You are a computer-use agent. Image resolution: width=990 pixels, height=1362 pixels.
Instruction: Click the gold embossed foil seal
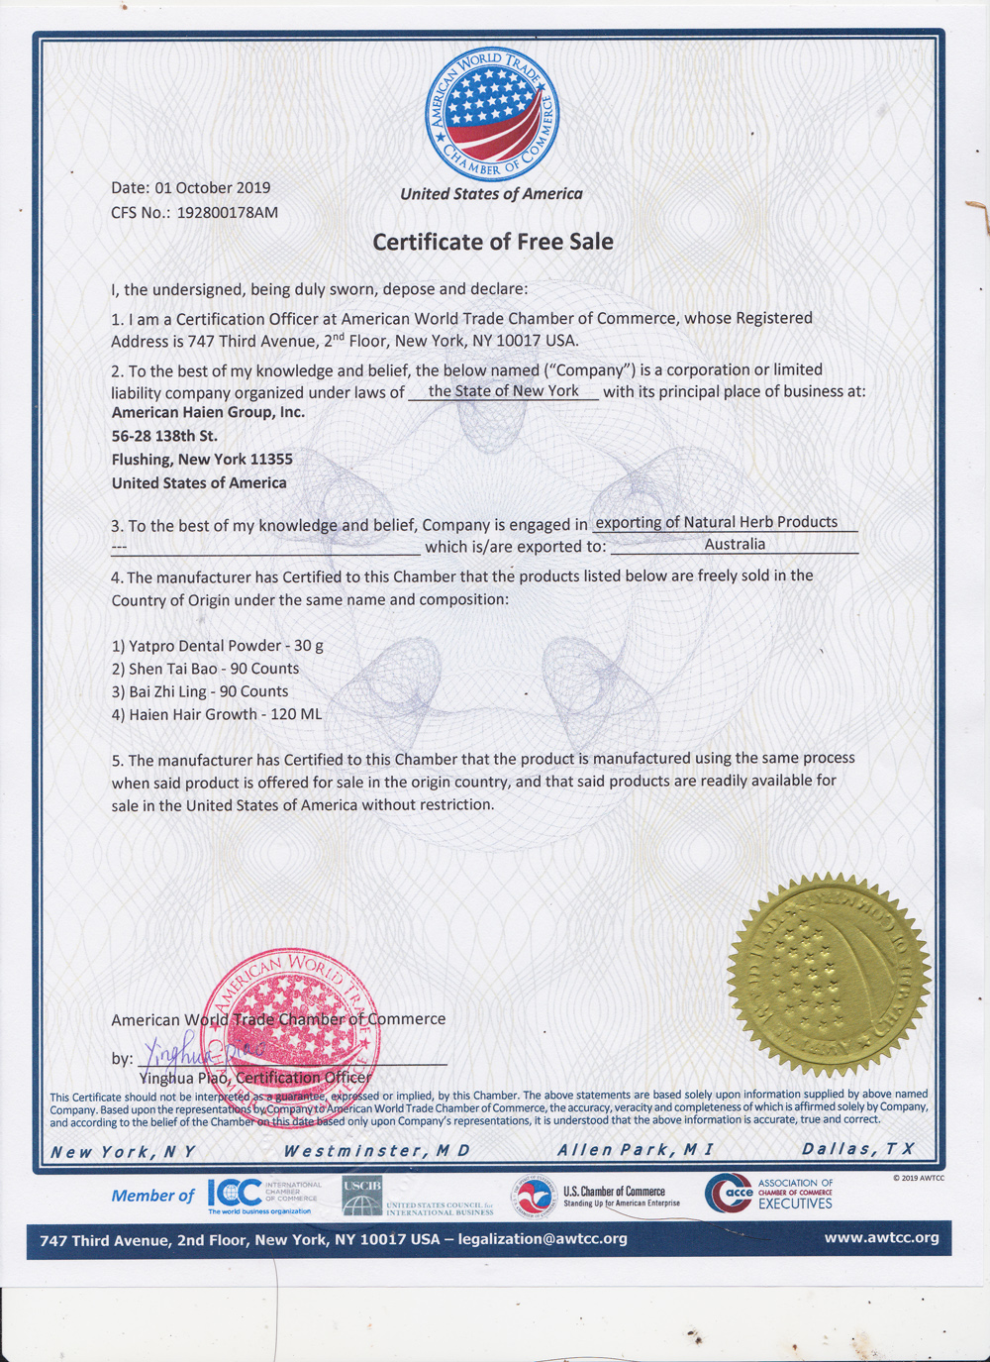[x=829, y=975]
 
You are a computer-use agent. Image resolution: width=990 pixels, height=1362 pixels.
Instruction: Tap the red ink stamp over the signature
[x=291, y=1020]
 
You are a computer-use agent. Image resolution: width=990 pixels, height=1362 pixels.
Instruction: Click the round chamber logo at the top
[x=492, y=114]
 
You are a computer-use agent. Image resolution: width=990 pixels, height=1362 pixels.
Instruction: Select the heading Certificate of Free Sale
[x=492, y=242]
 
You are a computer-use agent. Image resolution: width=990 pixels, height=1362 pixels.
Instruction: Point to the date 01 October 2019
[x=212, y=187]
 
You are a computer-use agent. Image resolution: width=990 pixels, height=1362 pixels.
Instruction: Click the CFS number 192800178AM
[x=227, y=212]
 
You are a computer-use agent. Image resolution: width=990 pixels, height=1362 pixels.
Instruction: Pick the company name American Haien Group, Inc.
[x=208, y=412]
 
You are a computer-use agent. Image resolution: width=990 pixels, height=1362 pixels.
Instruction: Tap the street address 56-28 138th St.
[x=164, y=436]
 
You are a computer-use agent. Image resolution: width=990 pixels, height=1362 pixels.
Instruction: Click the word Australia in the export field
[x=735, y=544]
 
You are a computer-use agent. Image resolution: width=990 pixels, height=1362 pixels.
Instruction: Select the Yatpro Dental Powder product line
[x=218, y=646]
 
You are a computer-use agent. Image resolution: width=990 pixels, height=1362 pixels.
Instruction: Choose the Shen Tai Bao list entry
[x=206, y=669]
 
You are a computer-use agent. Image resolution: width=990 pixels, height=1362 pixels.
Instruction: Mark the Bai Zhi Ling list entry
[x=200, y=691]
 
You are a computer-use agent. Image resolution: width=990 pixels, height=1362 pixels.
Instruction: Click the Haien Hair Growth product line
[x=217, y=714]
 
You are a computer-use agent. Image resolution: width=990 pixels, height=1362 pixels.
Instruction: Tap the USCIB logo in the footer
[x=362, y=1196]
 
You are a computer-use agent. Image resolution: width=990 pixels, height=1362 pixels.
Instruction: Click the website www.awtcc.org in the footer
[x=881, y=1238]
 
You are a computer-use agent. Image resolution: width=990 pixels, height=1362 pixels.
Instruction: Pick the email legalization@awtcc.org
[x=543, y=1239]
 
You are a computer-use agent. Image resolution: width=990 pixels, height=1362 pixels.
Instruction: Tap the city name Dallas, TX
[x=857, y=1149]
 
